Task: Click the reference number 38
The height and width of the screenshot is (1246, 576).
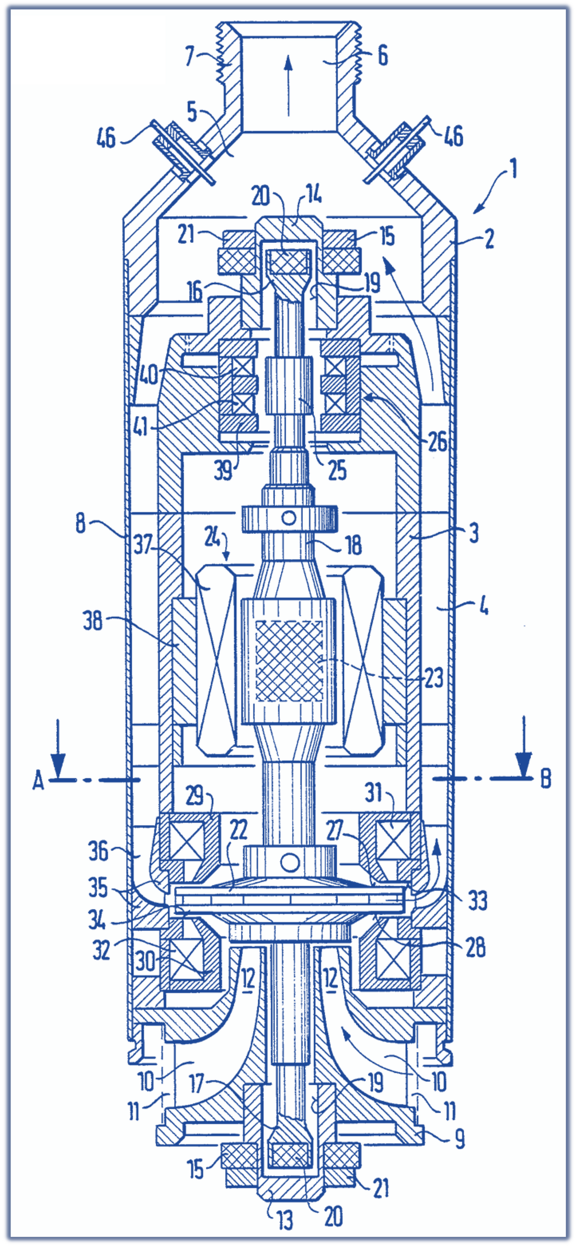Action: click(92, 621)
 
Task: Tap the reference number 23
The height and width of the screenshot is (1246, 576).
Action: click(434, 678)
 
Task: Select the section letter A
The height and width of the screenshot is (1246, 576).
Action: click(38, 781)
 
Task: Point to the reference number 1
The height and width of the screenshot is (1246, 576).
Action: click(513, 168)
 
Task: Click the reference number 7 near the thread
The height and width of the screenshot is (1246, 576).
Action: click(190, 56)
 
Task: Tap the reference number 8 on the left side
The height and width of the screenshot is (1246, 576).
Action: click(81, 524)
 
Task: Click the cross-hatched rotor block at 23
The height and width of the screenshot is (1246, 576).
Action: click(289, 661)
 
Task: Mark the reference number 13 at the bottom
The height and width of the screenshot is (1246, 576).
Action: click(285, 1221)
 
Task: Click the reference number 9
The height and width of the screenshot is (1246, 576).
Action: click(459, 1138)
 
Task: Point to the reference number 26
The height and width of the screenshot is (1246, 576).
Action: click(438, 442)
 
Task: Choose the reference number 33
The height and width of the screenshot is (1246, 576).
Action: click(478, 901)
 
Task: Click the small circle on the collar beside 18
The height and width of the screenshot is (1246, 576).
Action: click(289, 518)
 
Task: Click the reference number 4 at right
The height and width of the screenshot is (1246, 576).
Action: click(484, 606)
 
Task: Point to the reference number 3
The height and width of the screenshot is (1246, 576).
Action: click(474, 533)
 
